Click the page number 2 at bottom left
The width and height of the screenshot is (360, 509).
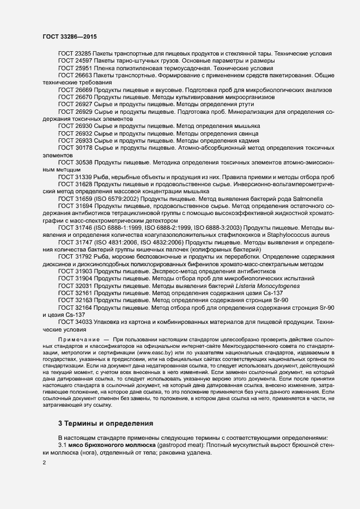[x=44, y=463]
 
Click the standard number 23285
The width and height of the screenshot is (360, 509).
[x=83, y=54]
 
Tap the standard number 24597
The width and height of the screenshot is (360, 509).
[x=83, y=61]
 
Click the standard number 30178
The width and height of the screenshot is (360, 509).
[x=83, y=148]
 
